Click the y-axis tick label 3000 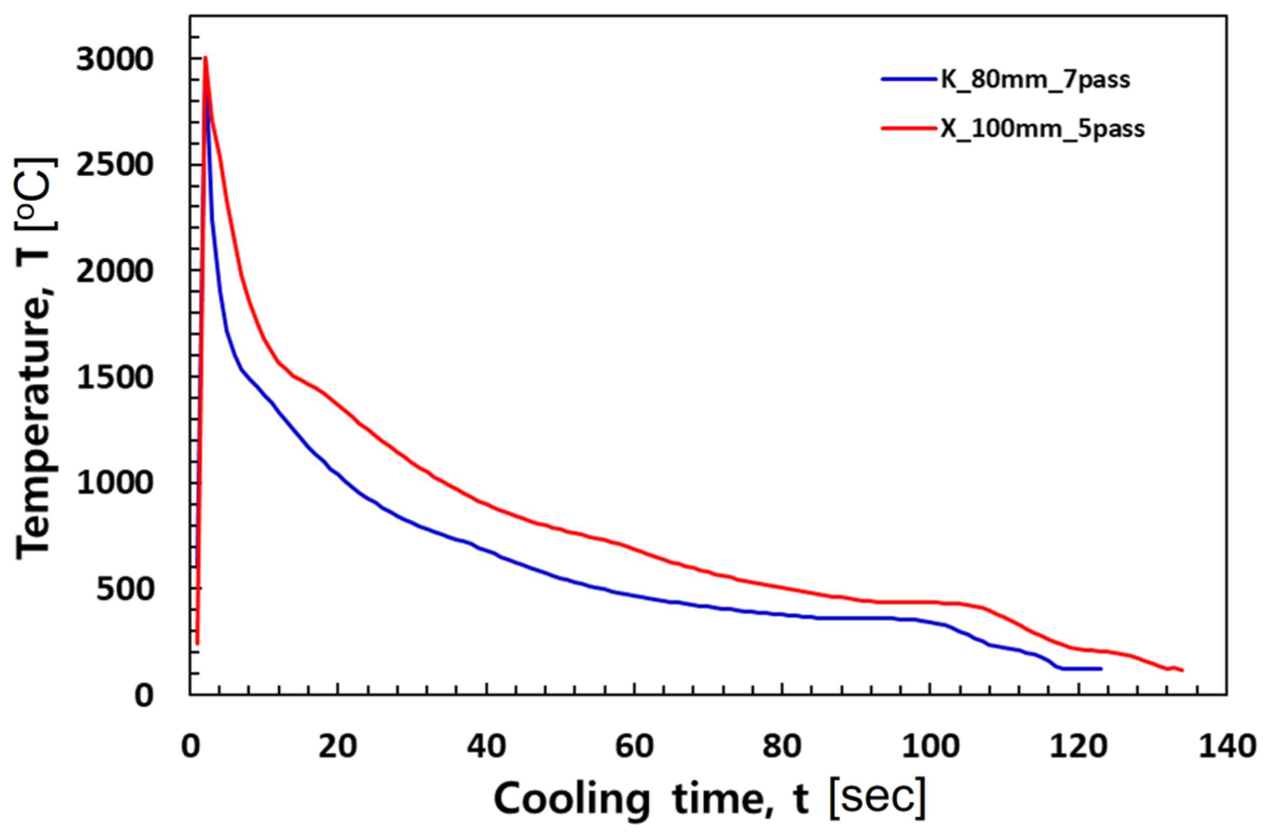(114, 59)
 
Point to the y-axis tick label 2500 (114, 165)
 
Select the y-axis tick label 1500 (114, 377)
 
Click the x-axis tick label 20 (337, 747)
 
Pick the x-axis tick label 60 (634, 747)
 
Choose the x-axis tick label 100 (930, 747)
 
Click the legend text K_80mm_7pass (1035, 80)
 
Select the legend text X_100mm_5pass (1042, 129)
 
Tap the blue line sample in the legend (909, 79)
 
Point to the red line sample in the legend (909, 128)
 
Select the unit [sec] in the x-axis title (877, 798)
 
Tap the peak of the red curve (205, 57)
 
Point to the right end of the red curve (1182, 671)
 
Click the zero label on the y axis (144, 696)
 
